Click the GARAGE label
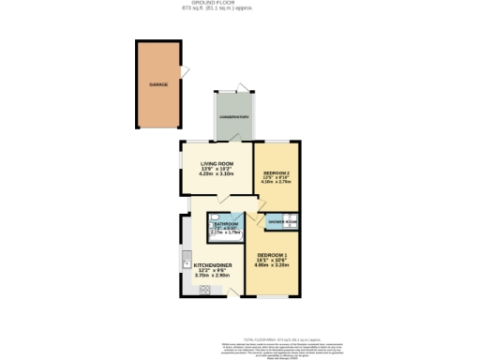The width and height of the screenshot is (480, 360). tap(157, 85)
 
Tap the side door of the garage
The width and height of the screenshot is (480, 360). tap(185, 69)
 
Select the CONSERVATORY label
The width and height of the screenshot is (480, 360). tap(233, 116)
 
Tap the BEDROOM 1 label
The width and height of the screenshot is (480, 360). tap(271, 255)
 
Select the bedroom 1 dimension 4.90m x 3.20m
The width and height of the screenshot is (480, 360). tap(271, 265)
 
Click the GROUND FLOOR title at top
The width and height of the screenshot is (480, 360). tap(239, 3)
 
